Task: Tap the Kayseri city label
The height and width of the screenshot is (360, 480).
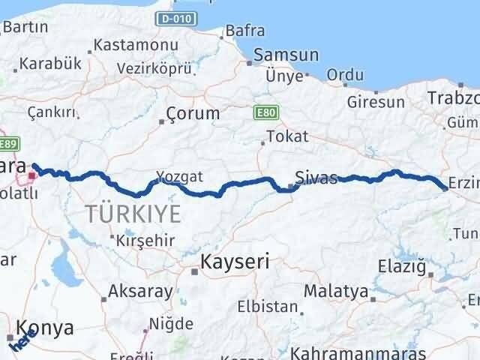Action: (x=235, y=262)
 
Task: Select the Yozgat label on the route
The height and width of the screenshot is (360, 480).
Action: (x=179, y=177)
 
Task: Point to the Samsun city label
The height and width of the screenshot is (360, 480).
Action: (x=286, y=55)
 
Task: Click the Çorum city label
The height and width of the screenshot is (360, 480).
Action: (x=194, y=114)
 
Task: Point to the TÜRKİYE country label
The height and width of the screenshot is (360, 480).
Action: (x=133, y=214)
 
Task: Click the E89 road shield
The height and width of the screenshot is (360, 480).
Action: (x=8, y=145)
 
